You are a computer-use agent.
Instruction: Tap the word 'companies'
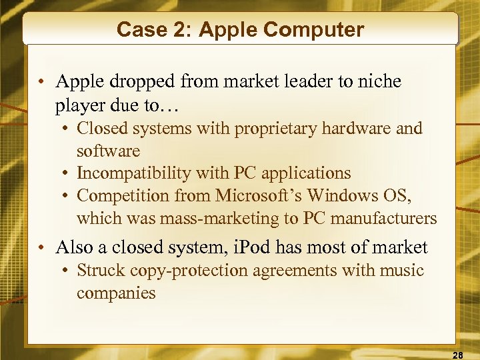pos(116,293)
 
